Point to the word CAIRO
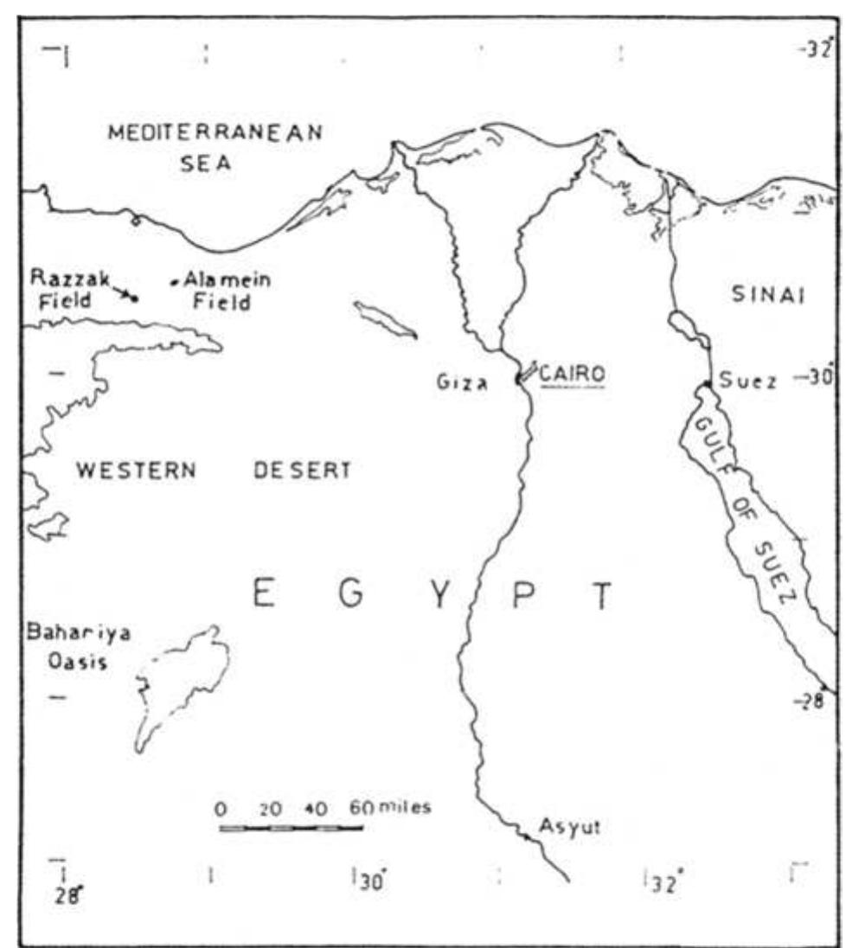[572, 375]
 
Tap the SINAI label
[767, 295]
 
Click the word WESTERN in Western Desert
[136, 471]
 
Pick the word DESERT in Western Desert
[303, 471]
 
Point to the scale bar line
[291, 828]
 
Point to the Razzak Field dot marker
[135, 298]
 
